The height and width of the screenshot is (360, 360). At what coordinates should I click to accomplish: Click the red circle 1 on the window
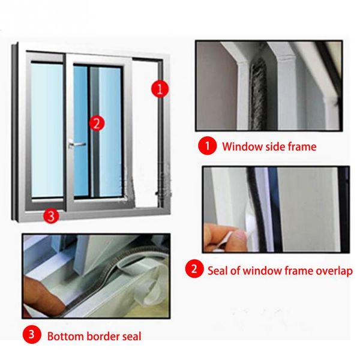tap(158, 89)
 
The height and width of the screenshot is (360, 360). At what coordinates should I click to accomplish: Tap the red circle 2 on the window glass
tap(95, 123)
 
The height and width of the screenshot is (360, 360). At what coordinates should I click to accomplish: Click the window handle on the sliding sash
tap(76, 144)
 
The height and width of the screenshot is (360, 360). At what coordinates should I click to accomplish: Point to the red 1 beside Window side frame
tap(206, 146)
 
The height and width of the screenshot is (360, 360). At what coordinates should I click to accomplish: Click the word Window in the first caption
tap(240, 146)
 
